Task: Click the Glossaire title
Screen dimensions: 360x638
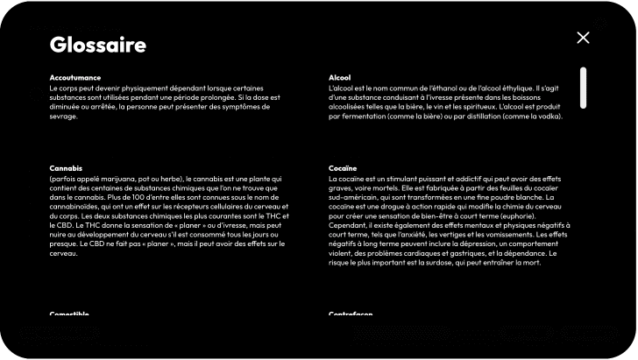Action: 97,45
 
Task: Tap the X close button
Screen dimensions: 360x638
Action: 583,38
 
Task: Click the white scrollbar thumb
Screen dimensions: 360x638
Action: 583,88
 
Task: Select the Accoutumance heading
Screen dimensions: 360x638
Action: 75,78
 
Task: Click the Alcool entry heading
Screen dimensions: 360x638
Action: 339,78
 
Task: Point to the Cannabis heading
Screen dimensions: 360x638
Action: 66,167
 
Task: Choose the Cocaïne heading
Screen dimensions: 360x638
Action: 343,167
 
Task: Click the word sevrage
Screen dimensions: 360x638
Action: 64,116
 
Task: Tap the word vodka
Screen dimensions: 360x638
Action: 543,116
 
